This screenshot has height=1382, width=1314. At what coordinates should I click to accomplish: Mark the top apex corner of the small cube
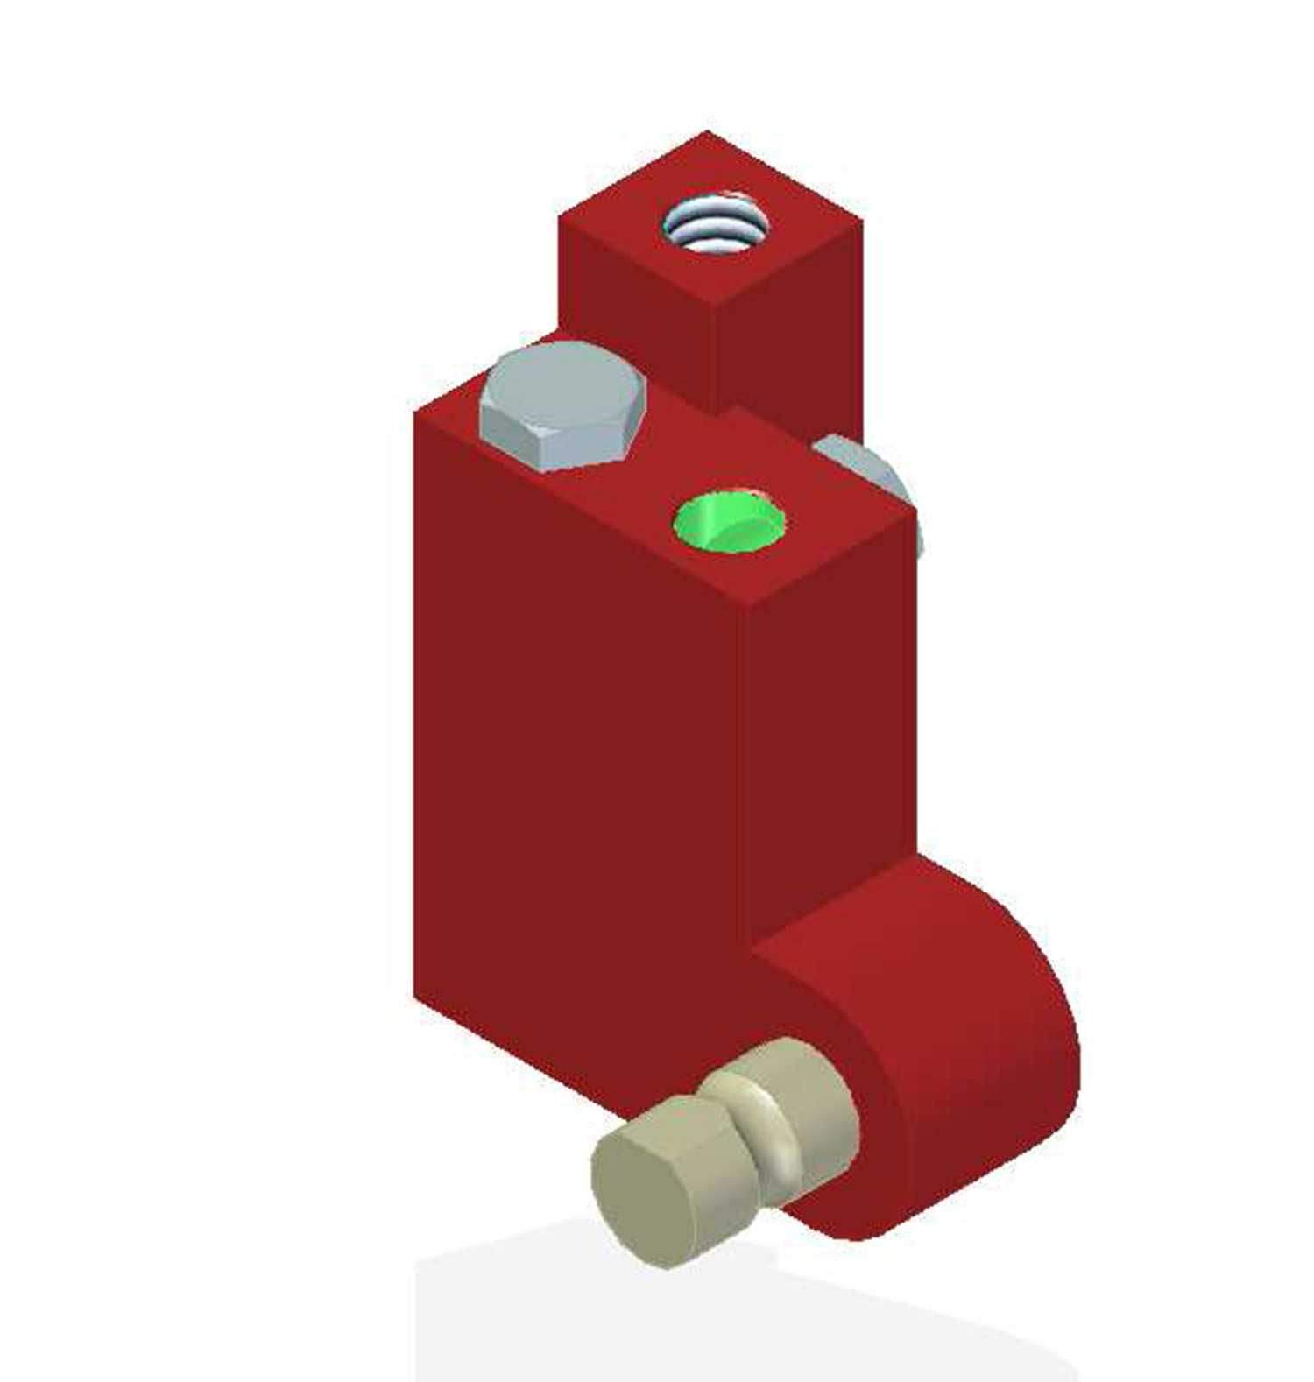708,133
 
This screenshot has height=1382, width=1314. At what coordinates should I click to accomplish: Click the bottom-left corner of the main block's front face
415,994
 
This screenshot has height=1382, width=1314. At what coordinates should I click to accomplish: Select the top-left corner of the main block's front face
415,415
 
